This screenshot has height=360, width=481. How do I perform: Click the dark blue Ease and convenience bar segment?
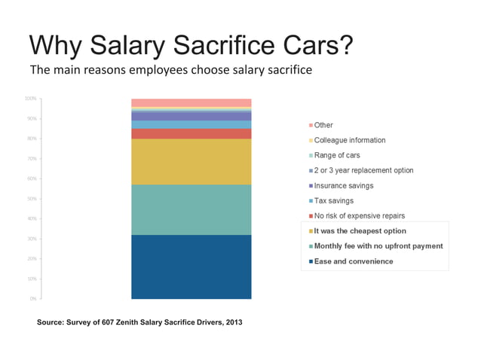click(x=191, y=267)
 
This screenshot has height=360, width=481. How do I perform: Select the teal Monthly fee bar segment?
click(x=191, y=209)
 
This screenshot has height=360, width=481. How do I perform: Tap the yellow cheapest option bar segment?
click(x=191, y=161)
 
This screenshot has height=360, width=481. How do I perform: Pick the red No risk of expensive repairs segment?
click(x=191, y=134)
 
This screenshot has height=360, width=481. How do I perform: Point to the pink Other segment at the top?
click(x=191, y=102)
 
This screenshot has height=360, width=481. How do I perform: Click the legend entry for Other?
click(x=323, y=125)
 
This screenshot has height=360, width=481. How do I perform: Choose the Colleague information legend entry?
click(x=349, y=140)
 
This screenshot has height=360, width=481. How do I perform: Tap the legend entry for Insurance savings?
click(x=343, y=185)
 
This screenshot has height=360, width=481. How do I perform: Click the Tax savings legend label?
click(x=333, y=200)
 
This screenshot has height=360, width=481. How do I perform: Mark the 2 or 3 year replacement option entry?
click(x=363, y=170)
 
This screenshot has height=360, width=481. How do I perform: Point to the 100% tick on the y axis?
click(x=30, y=99)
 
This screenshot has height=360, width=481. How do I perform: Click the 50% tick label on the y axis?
click(x=32, y=199)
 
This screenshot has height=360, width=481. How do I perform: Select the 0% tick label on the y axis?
click(x=33, y=299)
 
